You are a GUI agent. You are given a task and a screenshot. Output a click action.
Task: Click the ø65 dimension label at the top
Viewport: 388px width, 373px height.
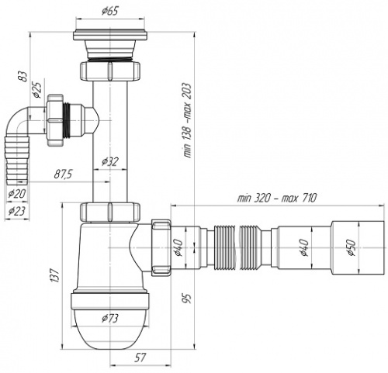[109, 11]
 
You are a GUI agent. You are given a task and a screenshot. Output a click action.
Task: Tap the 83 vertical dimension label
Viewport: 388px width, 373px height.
[24, 76]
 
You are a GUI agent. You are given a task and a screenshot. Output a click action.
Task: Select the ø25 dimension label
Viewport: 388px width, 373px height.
[37, 90]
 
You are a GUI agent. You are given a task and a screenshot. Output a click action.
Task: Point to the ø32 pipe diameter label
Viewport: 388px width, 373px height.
[110, 161]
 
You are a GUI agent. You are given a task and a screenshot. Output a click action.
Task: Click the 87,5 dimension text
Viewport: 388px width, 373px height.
[63, 174]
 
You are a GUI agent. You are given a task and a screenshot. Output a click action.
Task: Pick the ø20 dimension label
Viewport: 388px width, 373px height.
[17, 193]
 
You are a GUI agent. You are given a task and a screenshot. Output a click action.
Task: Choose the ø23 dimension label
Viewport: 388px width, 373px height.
[17, 211]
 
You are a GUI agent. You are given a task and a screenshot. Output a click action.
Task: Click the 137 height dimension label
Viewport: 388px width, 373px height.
[55, 275]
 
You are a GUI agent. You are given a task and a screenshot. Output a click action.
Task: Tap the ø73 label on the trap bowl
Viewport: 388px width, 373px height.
[110, 318]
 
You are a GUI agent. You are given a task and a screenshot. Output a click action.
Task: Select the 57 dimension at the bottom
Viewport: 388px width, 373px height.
[140, 357]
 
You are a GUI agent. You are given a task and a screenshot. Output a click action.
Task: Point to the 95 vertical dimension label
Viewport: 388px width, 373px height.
[188, 298]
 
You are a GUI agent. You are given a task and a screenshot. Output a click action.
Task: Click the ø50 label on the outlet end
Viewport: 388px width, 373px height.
[352, 247]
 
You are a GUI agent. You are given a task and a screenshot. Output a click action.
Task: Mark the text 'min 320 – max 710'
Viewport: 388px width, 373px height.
[277, 198]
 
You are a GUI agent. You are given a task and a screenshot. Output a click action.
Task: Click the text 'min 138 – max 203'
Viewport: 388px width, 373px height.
[188, 120]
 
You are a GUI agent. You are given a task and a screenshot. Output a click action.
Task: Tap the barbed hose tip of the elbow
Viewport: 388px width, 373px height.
[18, 161]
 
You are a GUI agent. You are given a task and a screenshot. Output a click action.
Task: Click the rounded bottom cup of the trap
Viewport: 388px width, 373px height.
[110, 328]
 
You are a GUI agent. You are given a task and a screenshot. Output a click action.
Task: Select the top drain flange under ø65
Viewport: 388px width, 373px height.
[110, 36]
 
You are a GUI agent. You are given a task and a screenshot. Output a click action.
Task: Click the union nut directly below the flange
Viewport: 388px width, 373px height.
[110, 71]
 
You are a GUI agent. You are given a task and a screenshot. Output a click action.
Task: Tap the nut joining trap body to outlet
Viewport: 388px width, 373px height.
[161, 247]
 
